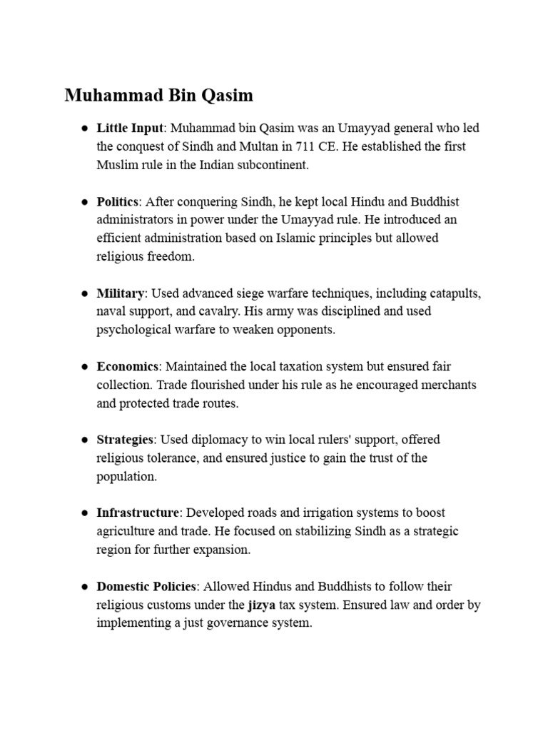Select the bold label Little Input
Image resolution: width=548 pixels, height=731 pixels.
click(131, 128)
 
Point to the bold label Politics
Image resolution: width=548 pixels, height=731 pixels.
click(117, 201)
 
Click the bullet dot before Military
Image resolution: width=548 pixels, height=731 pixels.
click(83, 293)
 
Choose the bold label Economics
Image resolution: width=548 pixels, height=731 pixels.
click(127, 366)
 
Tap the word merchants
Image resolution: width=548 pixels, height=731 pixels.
click(447, 385)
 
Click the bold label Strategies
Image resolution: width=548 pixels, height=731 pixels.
click(125, 439)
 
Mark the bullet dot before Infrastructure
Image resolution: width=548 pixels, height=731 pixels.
click(83, 513)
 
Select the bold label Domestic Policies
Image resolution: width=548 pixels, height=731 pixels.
click(146, 586)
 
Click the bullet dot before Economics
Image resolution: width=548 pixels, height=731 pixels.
click(83, 367)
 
